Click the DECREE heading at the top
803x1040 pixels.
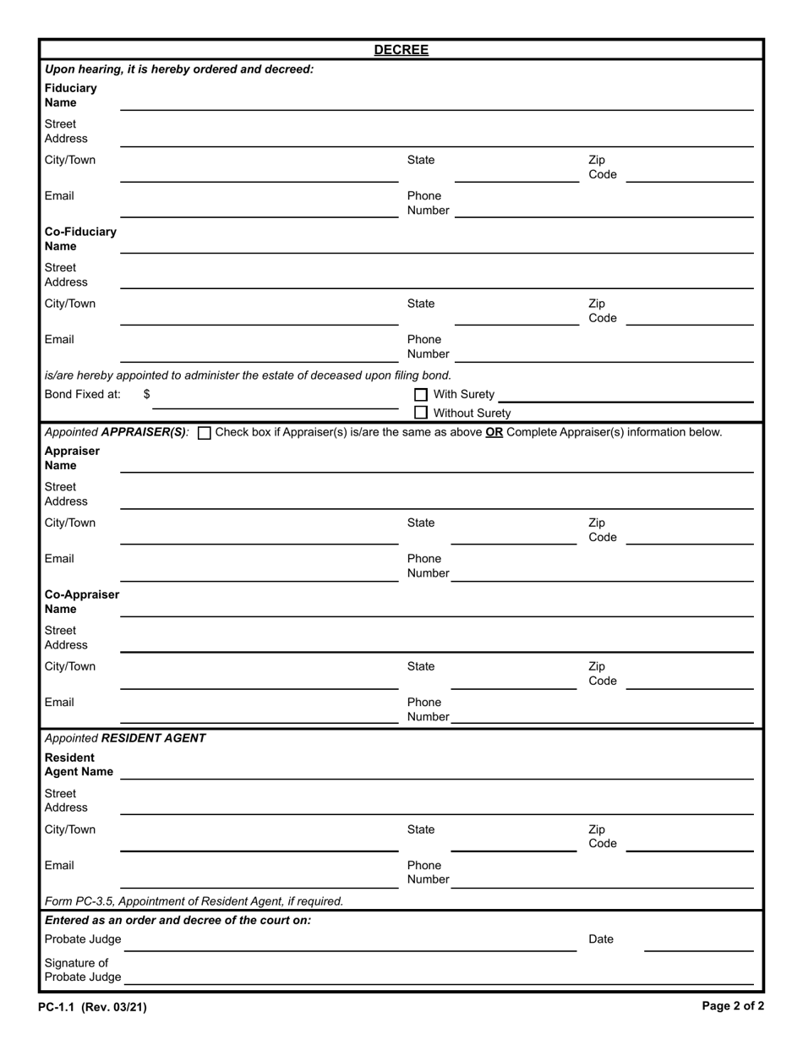click(x=401, y=50)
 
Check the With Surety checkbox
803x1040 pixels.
click(x=421, y=395)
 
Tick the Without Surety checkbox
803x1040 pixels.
click(x=421, y=413)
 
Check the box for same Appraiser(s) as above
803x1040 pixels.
click(x=204, y=433)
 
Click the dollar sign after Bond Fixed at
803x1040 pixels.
click(x=147, y=394)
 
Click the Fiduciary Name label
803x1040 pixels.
click(x=71, y=96)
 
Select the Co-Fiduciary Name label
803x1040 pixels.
click(x=80, y=239)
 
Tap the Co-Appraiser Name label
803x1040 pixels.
click(x=81, y=602)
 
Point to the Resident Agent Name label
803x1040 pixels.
click(x=78, y=764)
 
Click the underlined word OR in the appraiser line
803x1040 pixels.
click(x=494, y=432)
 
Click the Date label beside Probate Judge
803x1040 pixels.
click(x=600, y=939)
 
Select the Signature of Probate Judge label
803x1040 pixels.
click(x=82, y=970)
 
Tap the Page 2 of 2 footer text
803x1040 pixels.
click(x=733, y=1006)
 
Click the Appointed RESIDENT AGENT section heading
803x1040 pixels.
click(x=125, y=738)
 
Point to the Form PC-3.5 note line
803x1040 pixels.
click(x=194, y=901)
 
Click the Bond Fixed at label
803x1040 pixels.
click(x=82, y=394)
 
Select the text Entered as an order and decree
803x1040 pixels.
click(x=178, y=920)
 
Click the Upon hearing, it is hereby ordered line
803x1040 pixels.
click(x=178, y=69)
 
